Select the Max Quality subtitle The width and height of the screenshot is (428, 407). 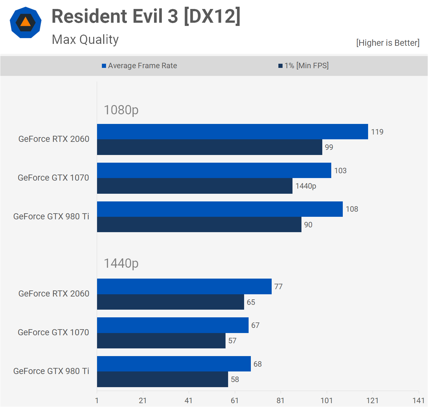[x=85, y=40]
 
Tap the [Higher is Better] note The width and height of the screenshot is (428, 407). [x=388, y=43]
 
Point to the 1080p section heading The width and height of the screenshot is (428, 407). [x=121, y=110]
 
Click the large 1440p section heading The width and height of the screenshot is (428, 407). [x=121, y=263]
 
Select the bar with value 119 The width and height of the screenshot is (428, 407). [x=232, y=132]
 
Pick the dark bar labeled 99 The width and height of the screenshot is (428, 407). [x=210, y=147]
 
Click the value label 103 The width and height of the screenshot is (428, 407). [x=340, y=171]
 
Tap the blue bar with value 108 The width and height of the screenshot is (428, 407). [x=220, y=209]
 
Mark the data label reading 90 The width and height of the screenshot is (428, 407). [x=308, y=225]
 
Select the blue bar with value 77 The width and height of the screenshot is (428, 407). [x=184, y=287]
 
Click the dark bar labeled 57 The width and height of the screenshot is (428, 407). [x=161, y=341]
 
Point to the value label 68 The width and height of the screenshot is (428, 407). [x=258, y=364]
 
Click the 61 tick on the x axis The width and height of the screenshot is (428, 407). [x=235, y=401]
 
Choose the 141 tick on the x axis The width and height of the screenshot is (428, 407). [x=418, y=401]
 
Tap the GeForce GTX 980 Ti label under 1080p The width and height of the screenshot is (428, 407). [x=51, y=216]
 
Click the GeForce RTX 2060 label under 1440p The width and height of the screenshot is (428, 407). [x=54, y=294]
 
